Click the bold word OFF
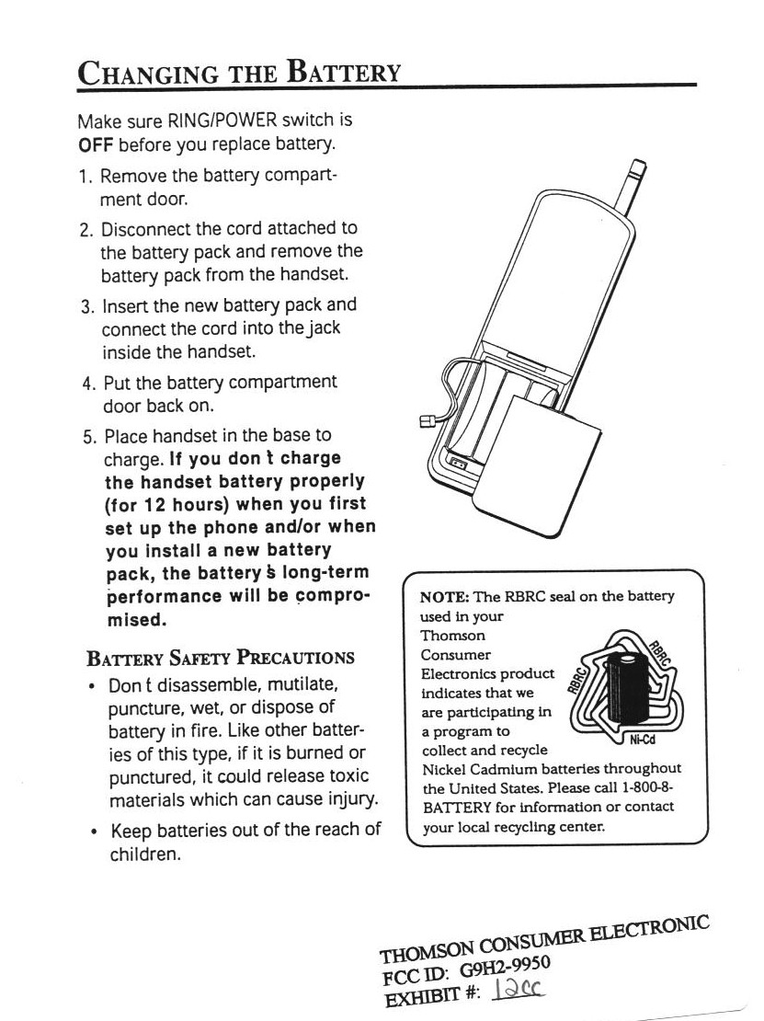pyautogui.click(x=96, y=145)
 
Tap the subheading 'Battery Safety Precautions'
pyautogui.click(x=220, y=658)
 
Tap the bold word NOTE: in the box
pyautogui.click(x=445, y=596)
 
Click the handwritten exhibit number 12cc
pyautogui.click(x=521, y=988)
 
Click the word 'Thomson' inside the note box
pyautogui.click(x=452, y=636)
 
